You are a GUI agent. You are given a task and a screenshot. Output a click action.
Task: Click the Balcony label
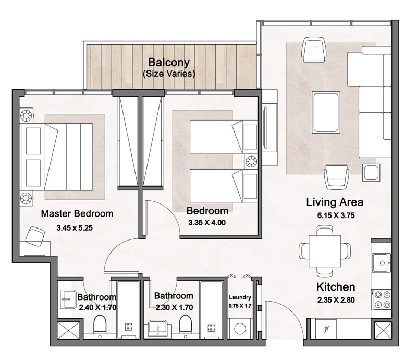coord(169,62)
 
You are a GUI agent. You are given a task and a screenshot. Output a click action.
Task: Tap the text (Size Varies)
coord(169,74)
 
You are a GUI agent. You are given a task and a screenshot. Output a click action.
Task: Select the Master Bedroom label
coord(77,213)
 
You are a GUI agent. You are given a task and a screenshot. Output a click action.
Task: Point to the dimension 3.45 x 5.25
coord(77,227)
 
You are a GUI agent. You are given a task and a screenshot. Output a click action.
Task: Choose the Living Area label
coord(335,202)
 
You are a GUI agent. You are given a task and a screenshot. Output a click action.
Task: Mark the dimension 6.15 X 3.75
coord(335,215)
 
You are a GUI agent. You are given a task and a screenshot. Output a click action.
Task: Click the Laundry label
coord(240,297)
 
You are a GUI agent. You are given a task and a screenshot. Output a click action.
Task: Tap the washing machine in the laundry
coord(241,330)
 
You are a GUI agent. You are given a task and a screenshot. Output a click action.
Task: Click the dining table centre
coord(321,248)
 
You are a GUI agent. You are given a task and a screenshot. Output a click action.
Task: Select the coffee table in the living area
coord(326,112)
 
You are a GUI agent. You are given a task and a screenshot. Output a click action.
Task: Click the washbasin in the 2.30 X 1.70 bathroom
coord(158,328)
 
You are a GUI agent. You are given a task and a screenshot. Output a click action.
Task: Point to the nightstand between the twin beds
coord(252,161)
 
